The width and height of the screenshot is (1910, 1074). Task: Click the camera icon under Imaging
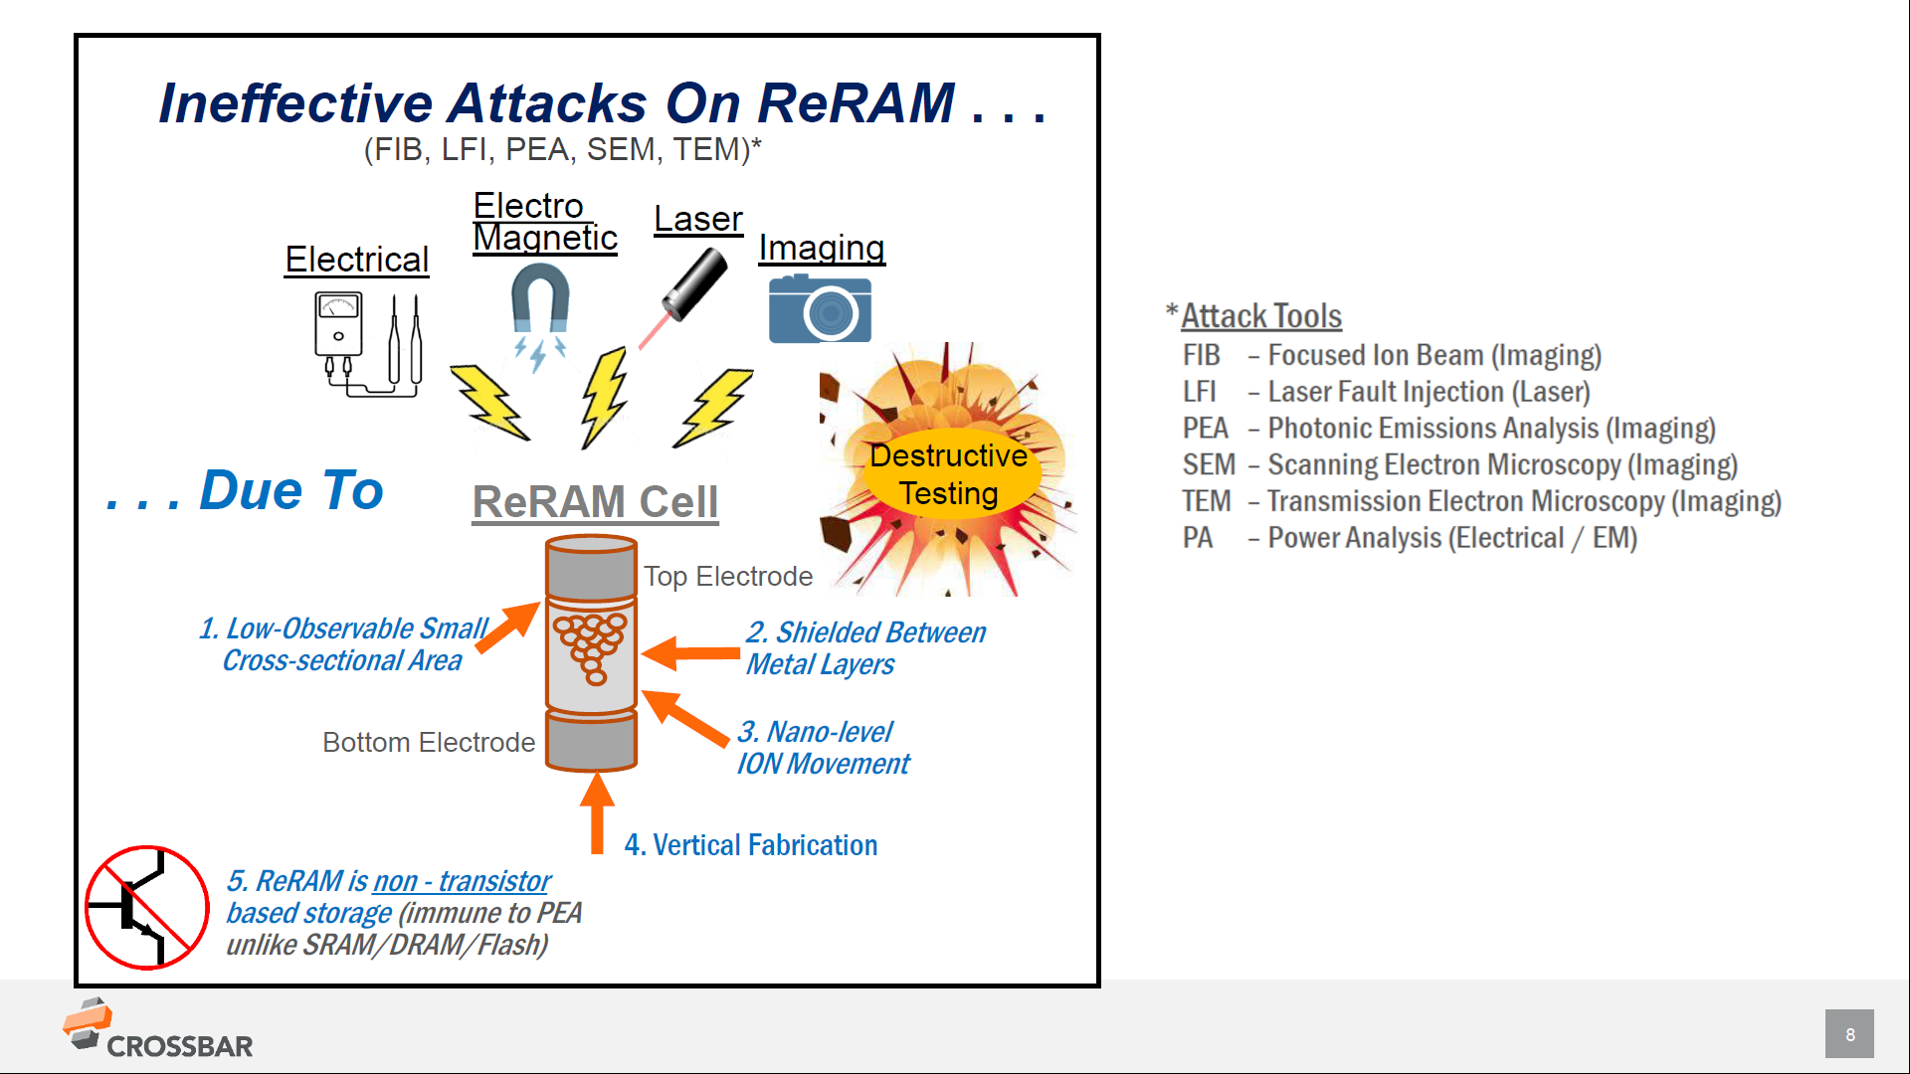point(820,310)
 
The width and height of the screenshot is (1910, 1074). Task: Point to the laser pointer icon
point(693,285)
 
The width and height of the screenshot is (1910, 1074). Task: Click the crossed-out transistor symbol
point(146,907)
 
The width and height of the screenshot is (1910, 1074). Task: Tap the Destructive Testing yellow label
point(949,474)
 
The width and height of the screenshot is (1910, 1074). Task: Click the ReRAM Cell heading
point(595,502)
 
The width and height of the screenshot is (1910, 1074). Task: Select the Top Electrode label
point(728,577)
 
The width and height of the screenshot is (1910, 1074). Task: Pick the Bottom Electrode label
point(429,743)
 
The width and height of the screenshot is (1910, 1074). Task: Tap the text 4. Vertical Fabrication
point(751,845)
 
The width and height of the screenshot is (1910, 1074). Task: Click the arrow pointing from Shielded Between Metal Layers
point(692,653)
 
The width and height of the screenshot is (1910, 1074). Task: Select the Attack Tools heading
point(1260,316)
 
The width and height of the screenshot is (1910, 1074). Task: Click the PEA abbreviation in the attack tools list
point(1205,429)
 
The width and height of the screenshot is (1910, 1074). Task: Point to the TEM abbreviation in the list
point(1206,501)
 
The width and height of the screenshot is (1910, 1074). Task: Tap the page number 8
point(1849,1034)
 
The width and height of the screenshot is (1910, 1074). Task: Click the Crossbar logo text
point(179,1046)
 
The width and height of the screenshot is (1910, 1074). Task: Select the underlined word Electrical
point(356,260)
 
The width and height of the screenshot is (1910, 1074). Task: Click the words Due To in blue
point(290,490)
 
